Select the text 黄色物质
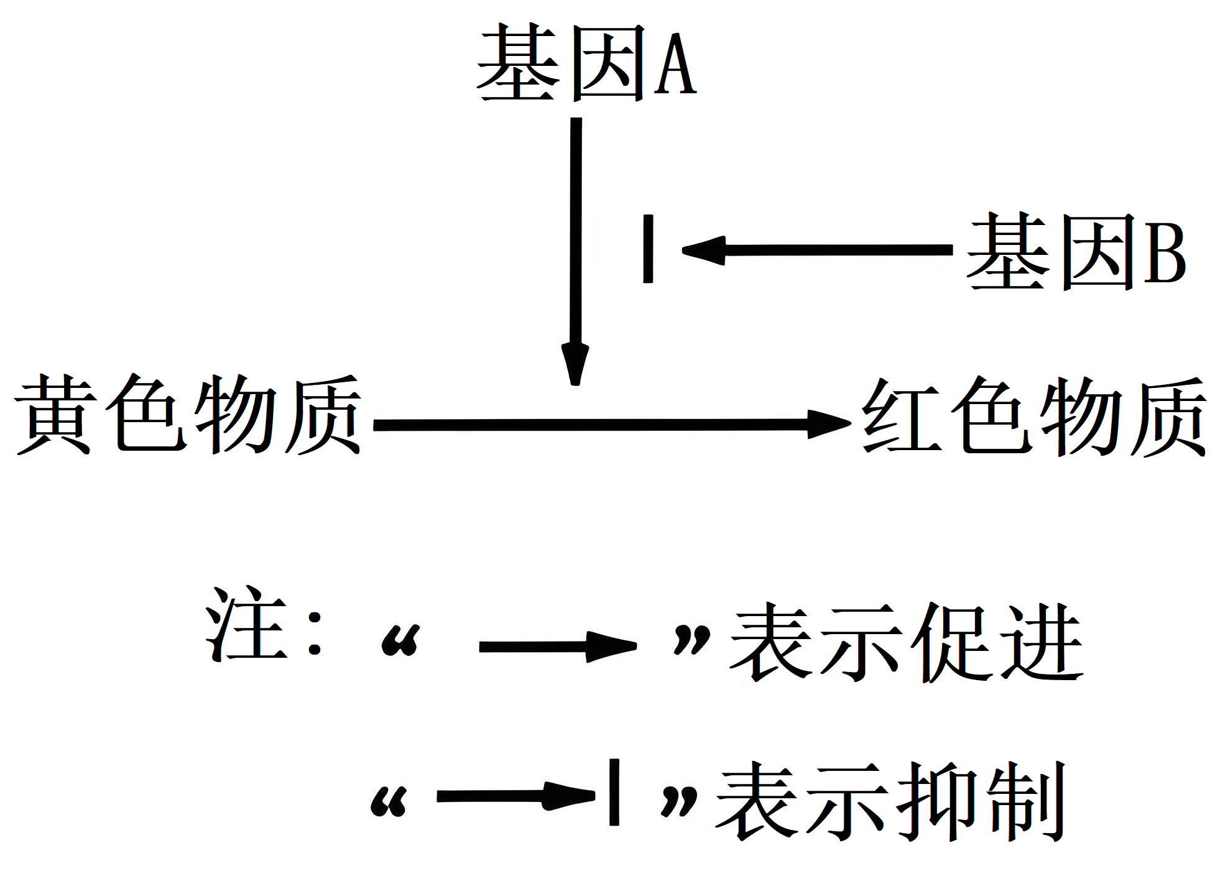(188, 415)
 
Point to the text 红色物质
(1034, 416)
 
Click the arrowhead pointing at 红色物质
(829, 424)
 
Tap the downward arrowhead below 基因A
(575, 364)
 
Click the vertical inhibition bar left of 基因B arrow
(648, 249)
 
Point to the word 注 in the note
(246, 624)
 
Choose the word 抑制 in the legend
(982, 801)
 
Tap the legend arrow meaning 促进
(558, 647)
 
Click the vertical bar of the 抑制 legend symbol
(614, 793)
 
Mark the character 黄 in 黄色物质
(56, 415)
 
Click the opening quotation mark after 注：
(401, 640)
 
